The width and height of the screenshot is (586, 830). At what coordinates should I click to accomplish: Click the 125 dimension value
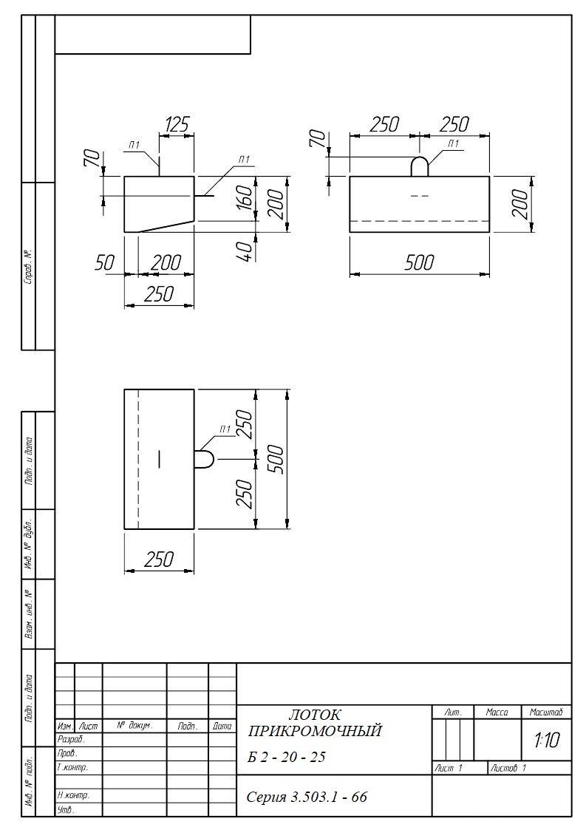(x=177, y=125)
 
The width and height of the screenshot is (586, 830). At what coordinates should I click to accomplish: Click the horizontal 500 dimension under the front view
(x=419, y=262)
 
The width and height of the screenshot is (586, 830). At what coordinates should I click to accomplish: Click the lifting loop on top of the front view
(x=420, y=166)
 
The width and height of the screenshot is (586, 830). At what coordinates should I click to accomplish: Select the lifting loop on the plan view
(x=205, y=460)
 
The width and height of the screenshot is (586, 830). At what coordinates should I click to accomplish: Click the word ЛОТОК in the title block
(x=315, y=715)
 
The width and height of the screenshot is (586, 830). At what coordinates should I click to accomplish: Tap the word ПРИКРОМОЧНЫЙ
(x=315, y=732)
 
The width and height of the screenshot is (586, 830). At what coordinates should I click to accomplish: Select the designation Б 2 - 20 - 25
(x=287, y=758)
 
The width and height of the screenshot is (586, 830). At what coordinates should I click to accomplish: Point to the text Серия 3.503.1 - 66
(x=307, y=797)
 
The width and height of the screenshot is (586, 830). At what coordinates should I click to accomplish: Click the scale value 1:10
(x=547, y=740)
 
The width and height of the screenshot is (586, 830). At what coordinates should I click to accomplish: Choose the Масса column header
(x=497, y=712)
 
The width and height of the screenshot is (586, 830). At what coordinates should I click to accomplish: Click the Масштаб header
(x=546, y=712)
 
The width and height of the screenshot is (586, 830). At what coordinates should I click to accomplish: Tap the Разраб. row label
(x=71, y=740)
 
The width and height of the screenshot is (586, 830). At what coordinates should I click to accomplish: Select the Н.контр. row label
(x=74, y=795)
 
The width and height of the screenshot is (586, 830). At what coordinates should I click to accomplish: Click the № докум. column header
(x=134, y=727)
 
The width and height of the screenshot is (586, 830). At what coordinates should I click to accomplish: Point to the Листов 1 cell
(x=508, y=768)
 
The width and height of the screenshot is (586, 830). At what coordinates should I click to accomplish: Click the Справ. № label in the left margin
(x=29, y=266)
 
